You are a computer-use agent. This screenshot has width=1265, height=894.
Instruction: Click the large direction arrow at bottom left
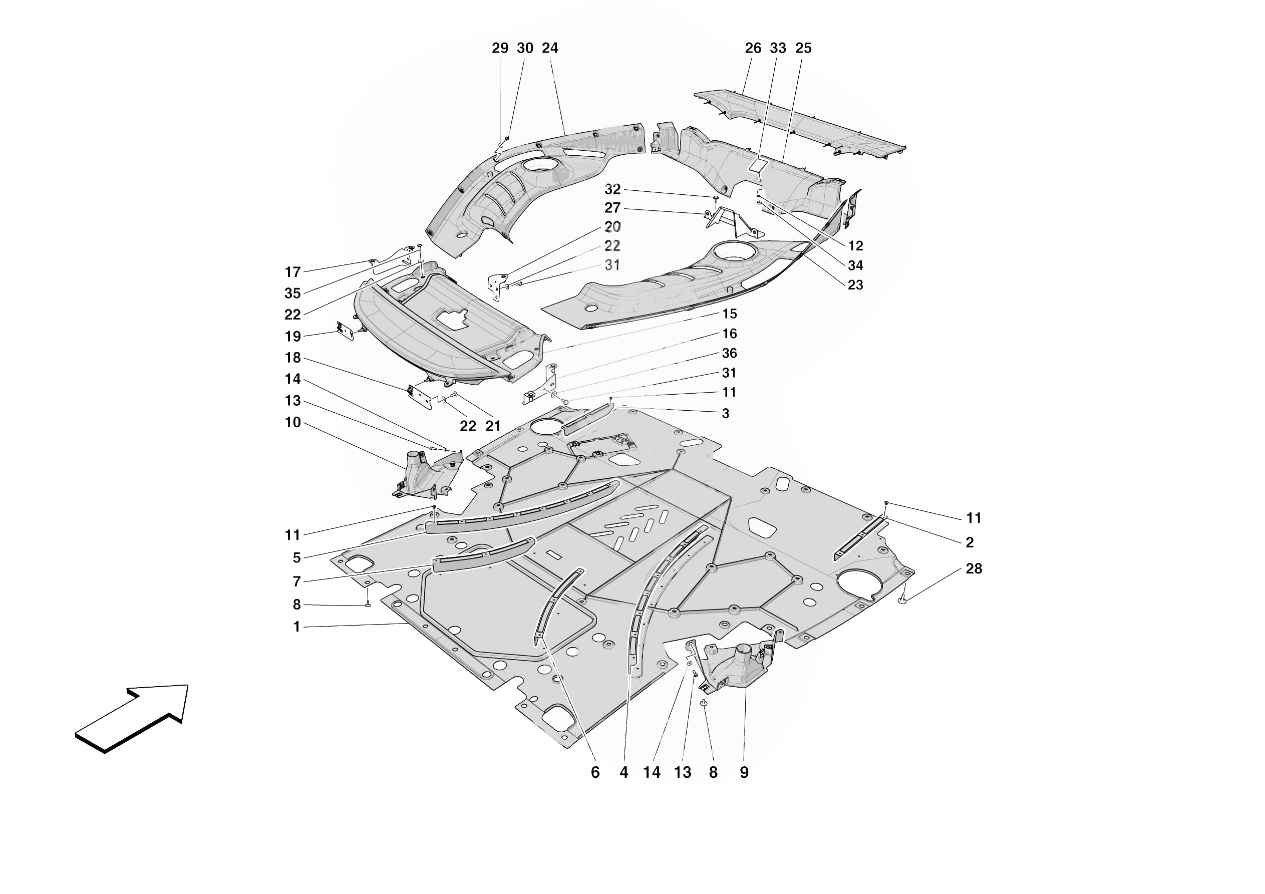pyautogui.click(x=132, y=717)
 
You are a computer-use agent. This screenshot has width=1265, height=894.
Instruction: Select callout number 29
pyautogui.click(x=500, y=49)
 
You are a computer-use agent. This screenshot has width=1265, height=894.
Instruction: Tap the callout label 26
pyautogui.click(x=753, y=49)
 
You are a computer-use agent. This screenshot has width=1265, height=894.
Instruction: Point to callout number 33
pyautogui.click(x=777, y=49)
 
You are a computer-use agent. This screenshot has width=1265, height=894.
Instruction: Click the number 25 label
pyautogui.click(x=803, y=49)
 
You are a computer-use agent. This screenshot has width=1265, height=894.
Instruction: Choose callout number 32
pyautogui.click(x=612, y=190)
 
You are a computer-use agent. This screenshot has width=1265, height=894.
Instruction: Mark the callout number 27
pyautogui.click(x=612, y=208)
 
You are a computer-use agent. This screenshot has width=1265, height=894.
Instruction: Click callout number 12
pyautogui.click(x=855, y=246)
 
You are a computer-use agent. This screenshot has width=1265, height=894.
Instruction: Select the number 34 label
pyautogui.click(x=855, y=265)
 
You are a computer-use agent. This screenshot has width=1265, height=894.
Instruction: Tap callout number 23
pyautogui.click(x=855, y=285)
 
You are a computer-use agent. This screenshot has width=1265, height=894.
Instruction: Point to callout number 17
pyautogui.click(x=292, y=272)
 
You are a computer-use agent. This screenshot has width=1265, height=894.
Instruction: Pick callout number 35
pyautogui.click(x=292, y=293)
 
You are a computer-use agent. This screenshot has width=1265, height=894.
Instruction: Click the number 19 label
pyautogui.click(x=292, y=336)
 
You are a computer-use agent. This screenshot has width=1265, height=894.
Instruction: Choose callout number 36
pyautogui.click(x=729, y=353)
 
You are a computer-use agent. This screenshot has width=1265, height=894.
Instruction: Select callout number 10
pyautogui.click(x=292, y=423)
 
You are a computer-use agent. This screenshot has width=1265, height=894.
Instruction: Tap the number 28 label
pyautogui.click(x=974, y=569)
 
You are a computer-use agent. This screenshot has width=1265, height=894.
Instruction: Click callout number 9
pyautogui.click(x=744, y=773)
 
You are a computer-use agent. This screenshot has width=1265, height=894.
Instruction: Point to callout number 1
pyautogui.click(x=296, y=627)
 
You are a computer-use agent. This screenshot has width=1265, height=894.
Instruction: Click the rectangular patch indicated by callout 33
pyautogui.click(x=759, y=166)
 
